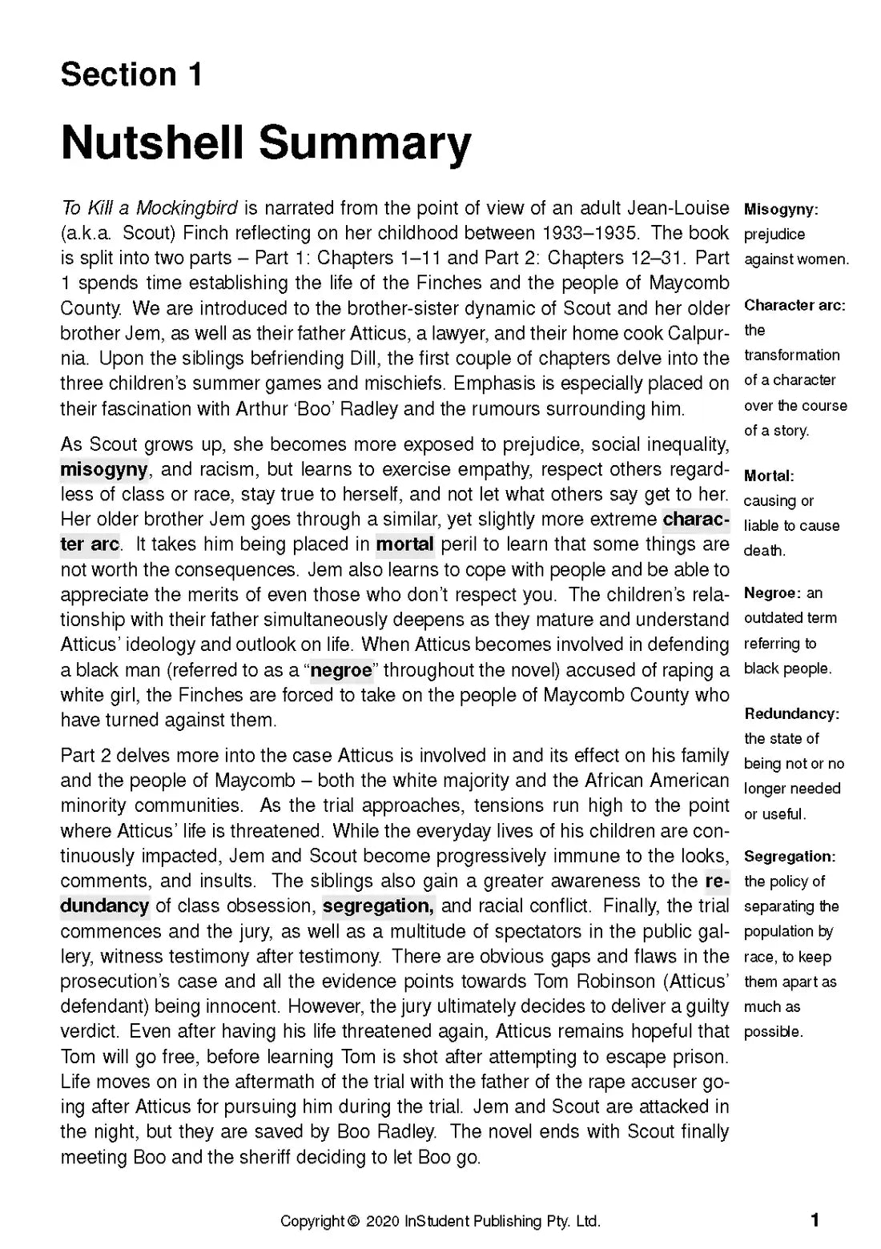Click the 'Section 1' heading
(x=131, y=74)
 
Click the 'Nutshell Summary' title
(x=266, y=143)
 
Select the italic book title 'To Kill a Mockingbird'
(x=149, y=208)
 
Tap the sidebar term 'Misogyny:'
(x=781, y=210)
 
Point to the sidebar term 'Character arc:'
(x=795, y=305)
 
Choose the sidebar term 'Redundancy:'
(x=791, y=713)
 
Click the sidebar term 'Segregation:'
(x=790, y=856)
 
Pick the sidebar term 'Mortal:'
(x=769, y=476)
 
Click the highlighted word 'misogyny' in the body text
(x=103, y=469)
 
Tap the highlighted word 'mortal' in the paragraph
(x=404, y=544)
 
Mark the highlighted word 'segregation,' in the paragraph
(x=378, y=906)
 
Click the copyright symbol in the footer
(x=353, y=1221)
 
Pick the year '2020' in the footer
(x=384, y=1221)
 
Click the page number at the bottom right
(x=815, y=1220)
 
